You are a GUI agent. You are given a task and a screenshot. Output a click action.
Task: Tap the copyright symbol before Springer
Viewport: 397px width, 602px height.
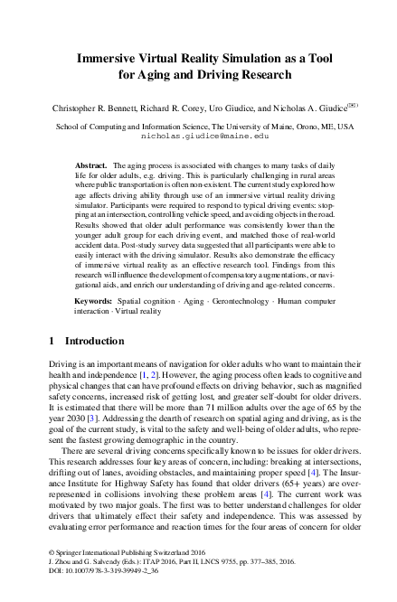[x=50, y=576]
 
